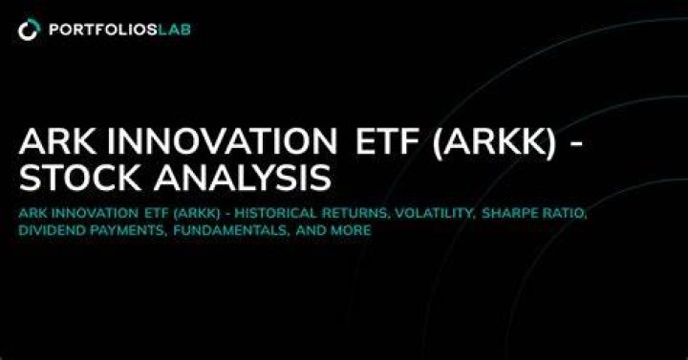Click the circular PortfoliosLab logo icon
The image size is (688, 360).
click(x=29, y=30)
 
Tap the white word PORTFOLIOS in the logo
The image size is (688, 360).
click(x=103, y=30)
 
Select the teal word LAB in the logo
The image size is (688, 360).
click(x=174, y=30)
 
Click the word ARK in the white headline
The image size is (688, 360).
click(x=56, y=142)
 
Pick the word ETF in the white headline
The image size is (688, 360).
click(x=389, y=142)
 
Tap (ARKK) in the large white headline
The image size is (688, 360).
click(x=495, y=143)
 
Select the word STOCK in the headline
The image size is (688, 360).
click(x=80, y=178)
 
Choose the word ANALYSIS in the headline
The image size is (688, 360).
click(x=242, y=178)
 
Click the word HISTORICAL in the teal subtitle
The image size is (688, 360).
click(x=277, y=213)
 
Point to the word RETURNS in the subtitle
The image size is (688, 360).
click(x=356, y=214)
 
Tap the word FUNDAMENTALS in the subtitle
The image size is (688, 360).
click(x=231, y=231)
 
